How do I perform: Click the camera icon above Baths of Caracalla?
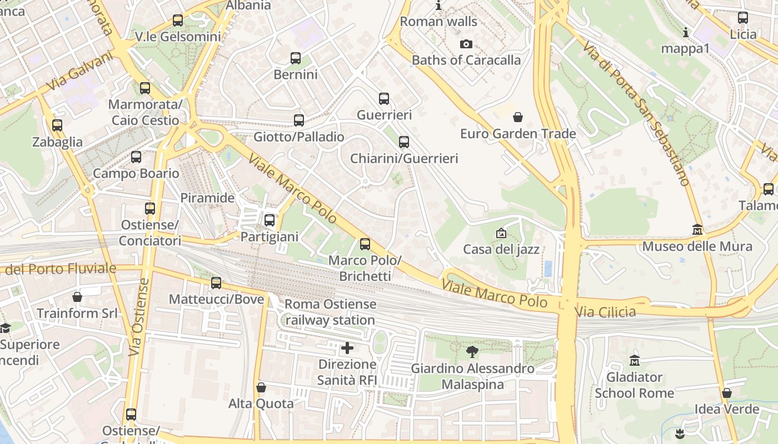coord(466,44)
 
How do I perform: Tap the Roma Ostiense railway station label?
coord(330,312)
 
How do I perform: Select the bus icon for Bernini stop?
coord(296,58)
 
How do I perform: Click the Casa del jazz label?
coord(501,249)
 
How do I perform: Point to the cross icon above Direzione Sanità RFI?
coord(347,348)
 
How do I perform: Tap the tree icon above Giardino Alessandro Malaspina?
coord(472,351)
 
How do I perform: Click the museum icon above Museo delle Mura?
coord(697,229)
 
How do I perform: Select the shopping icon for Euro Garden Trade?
coord(518,117)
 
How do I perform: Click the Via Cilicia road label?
coord(605,312)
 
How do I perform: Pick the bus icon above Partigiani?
coord(270,220)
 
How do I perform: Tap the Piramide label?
coord(207,198)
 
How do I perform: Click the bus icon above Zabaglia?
coord(57,125)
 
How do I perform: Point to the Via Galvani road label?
coord(80,73)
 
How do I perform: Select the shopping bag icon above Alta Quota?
coord(261,387)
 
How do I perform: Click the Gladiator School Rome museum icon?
coord(635,361)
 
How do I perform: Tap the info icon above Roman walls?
coord(438,6)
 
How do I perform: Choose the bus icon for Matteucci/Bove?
coord(216,283)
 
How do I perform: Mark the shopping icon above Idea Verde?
coord(726,393)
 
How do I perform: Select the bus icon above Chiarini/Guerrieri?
coord(404,142)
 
